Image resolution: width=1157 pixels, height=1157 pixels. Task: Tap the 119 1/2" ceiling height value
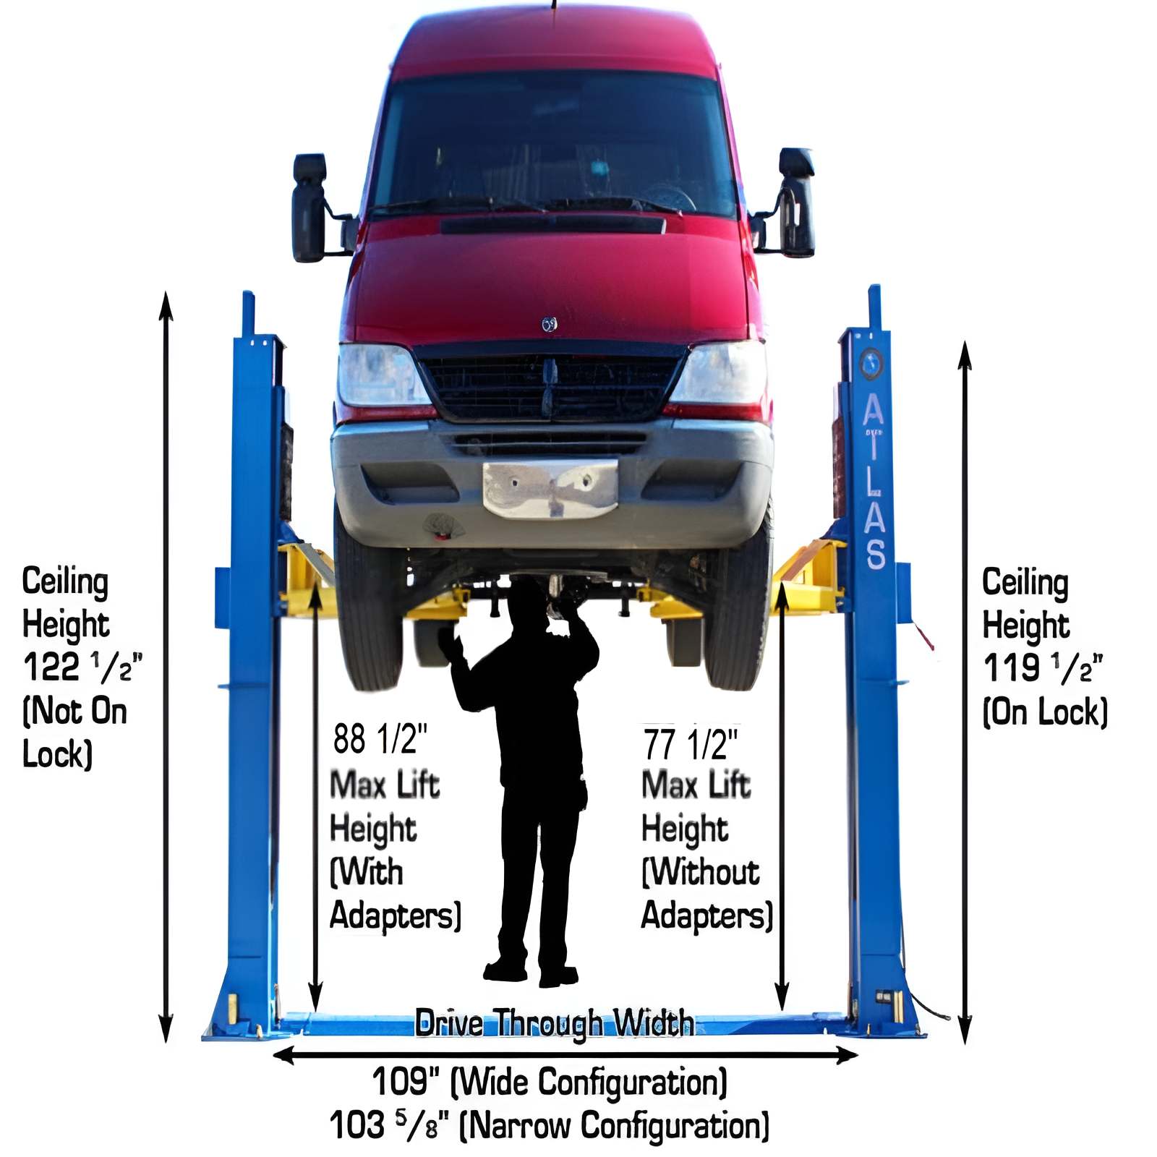pyautogui.click(x=1042, y=668)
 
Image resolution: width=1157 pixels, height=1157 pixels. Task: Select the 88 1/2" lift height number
pyautogui.click(x=380, y=739)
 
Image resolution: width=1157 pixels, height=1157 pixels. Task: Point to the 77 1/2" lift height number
pyautogui.click(x=691, y=744)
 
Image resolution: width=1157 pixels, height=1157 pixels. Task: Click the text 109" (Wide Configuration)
pyautogui.click(x=550, y=1083)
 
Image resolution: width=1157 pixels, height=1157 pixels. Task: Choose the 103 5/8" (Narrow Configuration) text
pyautogui.click(x=550, y=1126)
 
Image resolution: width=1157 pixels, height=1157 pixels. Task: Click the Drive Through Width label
pyautogui.click(x=554, y=1023)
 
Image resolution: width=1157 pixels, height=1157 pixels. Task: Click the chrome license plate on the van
pyautogui.click(x=550, y=489)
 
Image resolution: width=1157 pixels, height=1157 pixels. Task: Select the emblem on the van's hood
pyautogui.click(x=550, y=325)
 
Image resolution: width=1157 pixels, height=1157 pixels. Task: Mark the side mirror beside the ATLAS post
pyautogui.click(x=795, y=202)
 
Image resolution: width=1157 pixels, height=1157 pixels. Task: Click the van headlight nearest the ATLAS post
pyautogui.click(x=720, y=374)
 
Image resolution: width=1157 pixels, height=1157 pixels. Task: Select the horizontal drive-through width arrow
pyautogui.click(x=564, y=1056)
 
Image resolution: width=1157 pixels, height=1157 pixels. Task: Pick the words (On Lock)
pyautogui.click(x=1045, y=712)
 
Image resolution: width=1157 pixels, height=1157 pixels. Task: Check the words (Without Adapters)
pyautogui.click(x=706, y=894)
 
